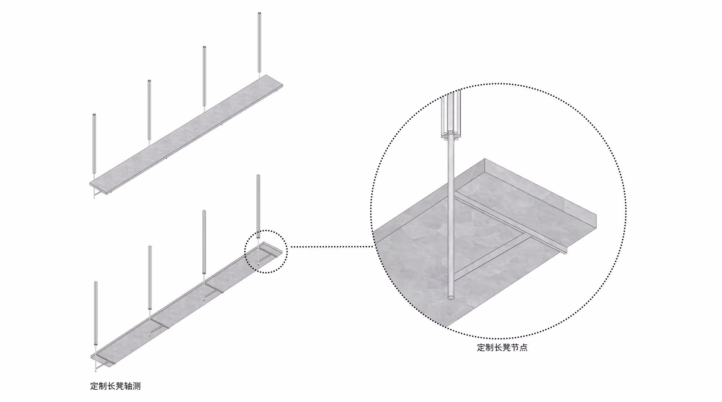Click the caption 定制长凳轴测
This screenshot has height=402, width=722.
click(x=115, y=386)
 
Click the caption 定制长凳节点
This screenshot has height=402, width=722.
click(x=502, y=347)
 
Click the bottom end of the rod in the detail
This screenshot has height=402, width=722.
click(x=451, y=297)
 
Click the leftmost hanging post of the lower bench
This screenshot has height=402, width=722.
click(x=96, y=313)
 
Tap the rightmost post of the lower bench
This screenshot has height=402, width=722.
click(x=258, y=206)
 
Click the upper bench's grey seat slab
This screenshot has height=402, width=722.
click(x=186, y=133)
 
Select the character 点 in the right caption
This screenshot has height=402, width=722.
click(x=523, y=347)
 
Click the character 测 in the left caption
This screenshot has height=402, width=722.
click(x=137, y=386)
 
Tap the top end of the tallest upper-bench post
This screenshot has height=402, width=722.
click(x=259, y=14)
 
